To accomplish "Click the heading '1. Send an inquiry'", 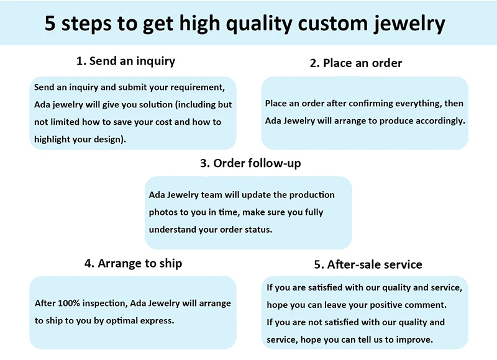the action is click(x=125, y=61).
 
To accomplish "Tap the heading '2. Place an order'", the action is click(x=356, y=63).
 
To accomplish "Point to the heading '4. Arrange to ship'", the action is click(x=134, y=263).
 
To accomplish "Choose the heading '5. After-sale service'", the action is click(x=368, y=264).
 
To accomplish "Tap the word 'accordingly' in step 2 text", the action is click(x=438, y=120).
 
